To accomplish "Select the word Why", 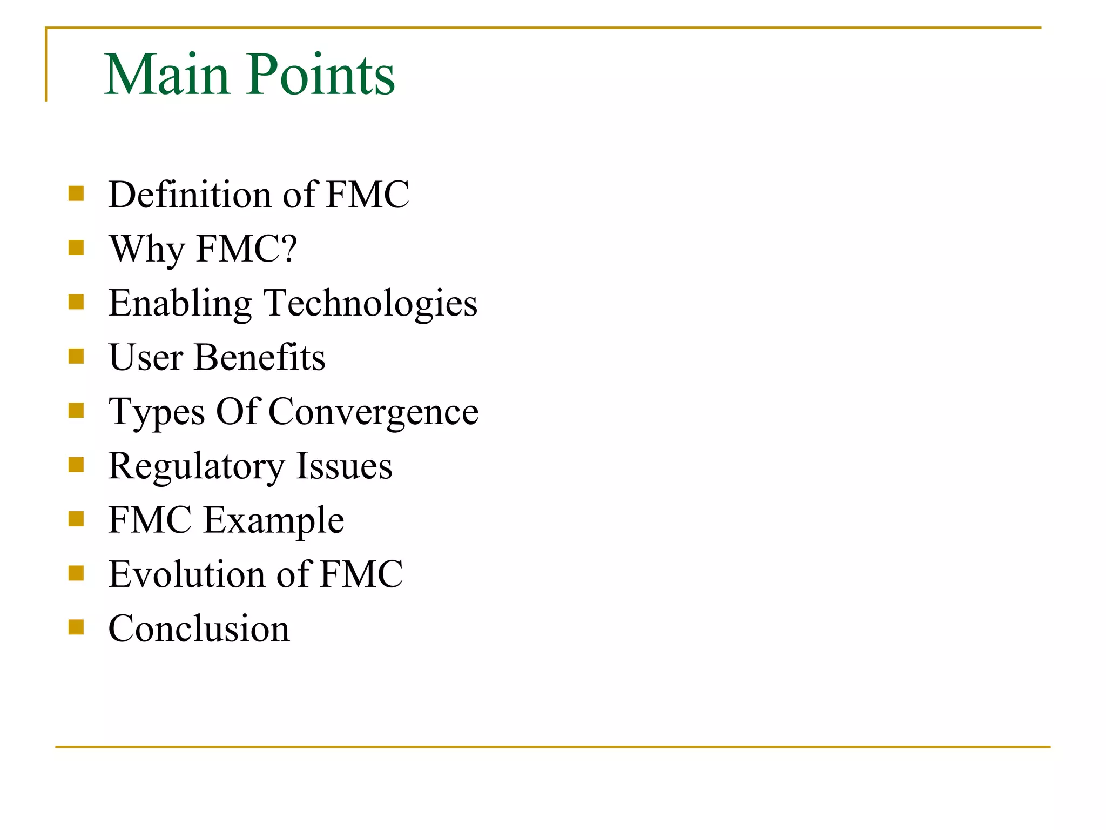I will click(x=147, y=250).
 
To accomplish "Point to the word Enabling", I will click(x=180, y=304).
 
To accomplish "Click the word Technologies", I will click(x=370, y=304).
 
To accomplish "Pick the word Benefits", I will click(x=260, y=357).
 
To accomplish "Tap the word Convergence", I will click(x=373, y=412).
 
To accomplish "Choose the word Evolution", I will click(x=186, y=574).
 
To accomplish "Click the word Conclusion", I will click(x=199, y=628).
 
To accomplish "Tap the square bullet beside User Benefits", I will click(x=76, y=356).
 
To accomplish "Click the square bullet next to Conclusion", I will click(x=76, y=627).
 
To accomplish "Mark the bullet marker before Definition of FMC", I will click(x=76, y=193).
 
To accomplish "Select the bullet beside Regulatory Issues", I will click(x=76, y=465).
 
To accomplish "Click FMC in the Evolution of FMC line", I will click(x=361, y=574).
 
